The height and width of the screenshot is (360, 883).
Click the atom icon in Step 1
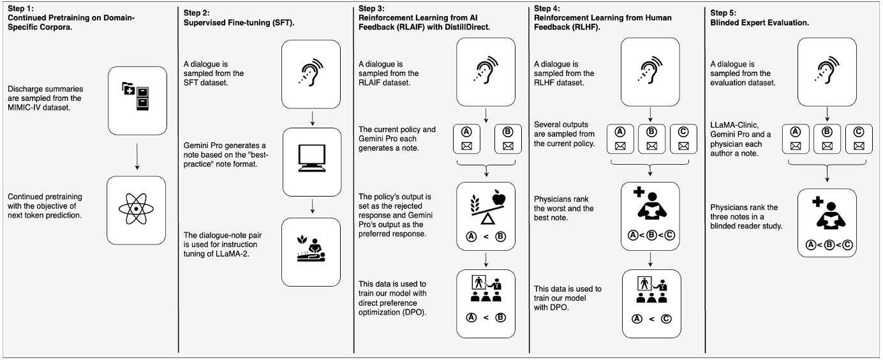[136, 209]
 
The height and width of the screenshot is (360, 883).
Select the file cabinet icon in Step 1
[135, 96]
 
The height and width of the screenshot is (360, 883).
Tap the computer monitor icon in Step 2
[312, 158]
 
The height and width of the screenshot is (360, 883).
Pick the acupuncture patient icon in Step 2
[311, 249]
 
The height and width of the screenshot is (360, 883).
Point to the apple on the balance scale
[499, 197]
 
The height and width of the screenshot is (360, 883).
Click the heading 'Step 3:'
[371, 8]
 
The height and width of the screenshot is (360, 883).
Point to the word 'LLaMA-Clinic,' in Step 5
[734, 125]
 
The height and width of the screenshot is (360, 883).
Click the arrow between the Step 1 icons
[137, 156]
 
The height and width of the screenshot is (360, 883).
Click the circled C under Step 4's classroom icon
[666, 319]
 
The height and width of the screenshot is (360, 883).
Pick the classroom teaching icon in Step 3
[486, 289]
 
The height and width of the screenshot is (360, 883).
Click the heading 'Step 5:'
[723, 13]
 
